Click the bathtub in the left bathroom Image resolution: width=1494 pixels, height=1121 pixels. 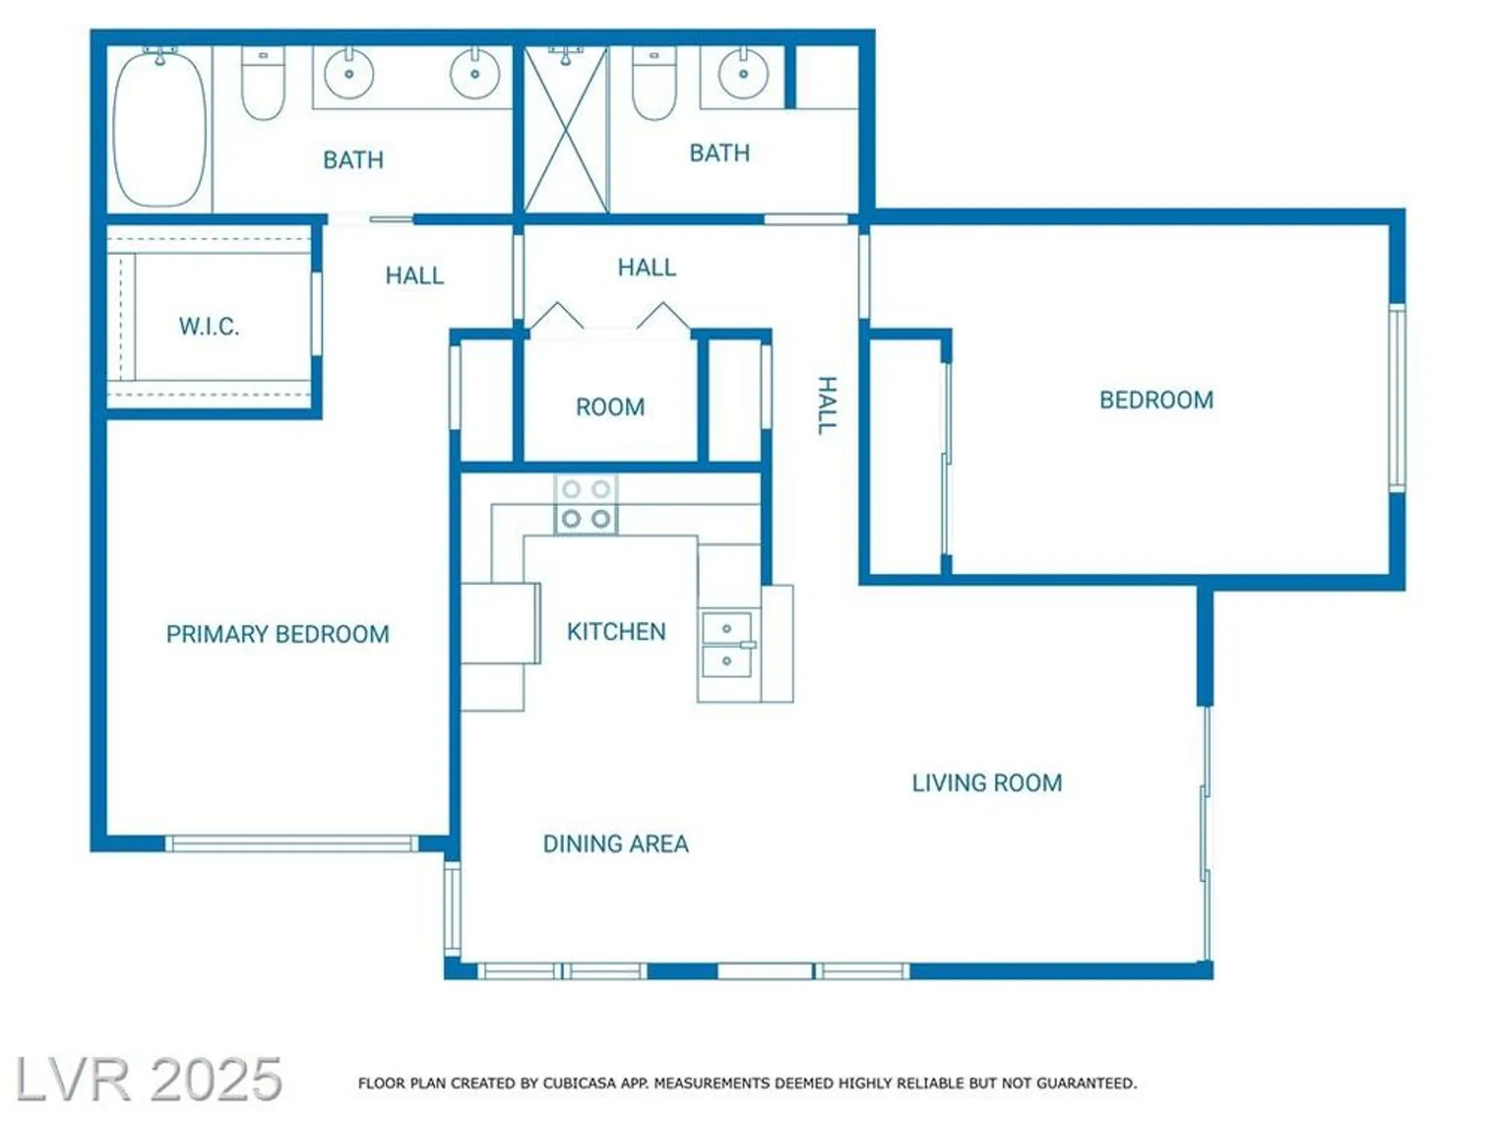[160, 129]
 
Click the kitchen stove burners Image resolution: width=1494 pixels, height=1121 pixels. [586, 504]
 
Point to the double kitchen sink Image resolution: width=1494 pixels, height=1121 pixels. [727, 644]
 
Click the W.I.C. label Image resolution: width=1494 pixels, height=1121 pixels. [209, 327]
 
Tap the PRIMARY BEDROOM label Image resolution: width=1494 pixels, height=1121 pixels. [277, 634]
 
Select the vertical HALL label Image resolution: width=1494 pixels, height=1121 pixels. [826, 406]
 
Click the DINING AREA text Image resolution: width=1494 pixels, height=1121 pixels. [616, 844]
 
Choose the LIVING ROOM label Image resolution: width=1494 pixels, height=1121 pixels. [987, 782]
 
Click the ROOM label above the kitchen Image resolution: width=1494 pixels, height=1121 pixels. [610, 407]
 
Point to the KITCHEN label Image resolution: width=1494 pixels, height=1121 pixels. [616, 632]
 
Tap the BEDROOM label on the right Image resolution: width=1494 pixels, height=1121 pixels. [1156, 400]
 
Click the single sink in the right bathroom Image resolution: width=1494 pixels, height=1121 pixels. [743, 74]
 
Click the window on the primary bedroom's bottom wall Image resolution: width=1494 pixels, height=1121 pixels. [291, 844]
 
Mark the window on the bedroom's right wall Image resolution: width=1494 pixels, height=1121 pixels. [1397, 398]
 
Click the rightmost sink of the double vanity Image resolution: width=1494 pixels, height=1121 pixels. [475, 74]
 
